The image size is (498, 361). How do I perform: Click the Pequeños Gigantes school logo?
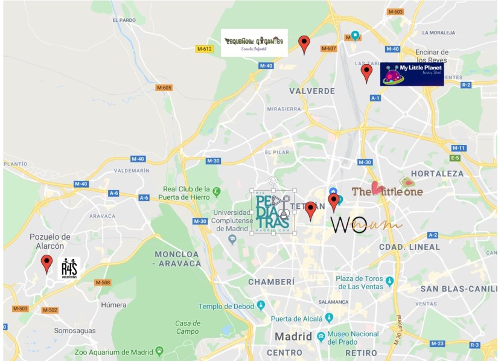254,42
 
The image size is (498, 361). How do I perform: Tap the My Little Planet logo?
412,74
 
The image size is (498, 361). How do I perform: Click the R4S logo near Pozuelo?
69,268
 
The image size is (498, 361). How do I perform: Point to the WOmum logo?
366,225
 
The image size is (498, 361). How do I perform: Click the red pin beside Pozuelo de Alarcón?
46,264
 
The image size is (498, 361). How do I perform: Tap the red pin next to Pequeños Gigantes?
305,44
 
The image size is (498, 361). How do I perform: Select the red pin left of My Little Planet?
366,73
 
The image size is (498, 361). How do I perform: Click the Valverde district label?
312,91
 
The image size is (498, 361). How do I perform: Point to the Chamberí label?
272,282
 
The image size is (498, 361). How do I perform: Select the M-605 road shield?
164,88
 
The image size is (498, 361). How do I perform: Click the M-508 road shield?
103,282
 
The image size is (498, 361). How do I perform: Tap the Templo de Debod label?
226,306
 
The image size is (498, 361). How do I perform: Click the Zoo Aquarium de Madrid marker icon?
159,350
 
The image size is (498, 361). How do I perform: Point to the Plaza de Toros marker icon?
389,281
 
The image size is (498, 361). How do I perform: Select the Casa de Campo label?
188,327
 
